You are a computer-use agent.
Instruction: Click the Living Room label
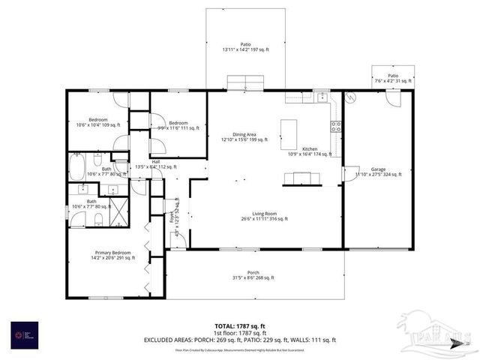point(265,215)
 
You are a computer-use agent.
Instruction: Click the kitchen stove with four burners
point(336,126)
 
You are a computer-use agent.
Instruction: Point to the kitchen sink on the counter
point(321,97)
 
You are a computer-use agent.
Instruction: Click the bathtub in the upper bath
point(77,166)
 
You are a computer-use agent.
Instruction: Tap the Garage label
point(378,171)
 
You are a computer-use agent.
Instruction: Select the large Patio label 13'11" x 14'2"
point(244,46)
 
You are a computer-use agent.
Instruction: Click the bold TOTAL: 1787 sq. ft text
point(240,325)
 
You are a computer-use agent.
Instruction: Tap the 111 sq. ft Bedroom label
point(178,125)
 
